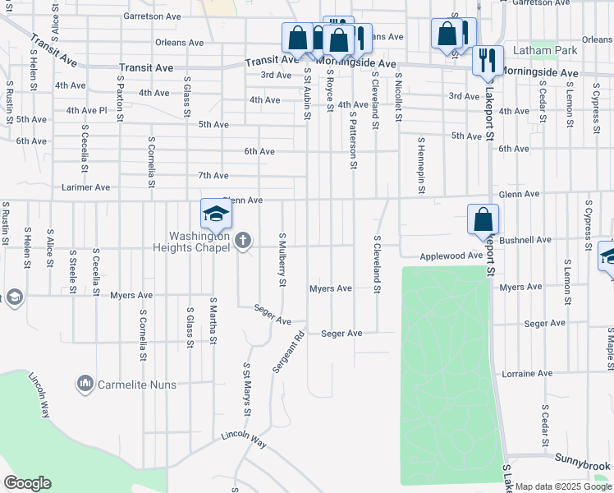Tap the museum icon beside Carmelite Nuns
pos(85,383)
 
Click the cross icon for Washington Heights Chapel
pos(242,241)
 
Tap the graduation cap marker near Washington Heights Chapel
pos(217,214)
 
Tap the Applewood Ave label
pos(451,256)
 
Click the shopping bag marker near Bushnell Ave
pos(483,219)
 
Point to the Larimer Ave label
pos(85,187)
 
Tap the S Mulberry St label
pos(282,259)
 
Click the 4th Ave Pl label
pos(86,110)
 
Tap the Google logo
pos(27,483)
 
